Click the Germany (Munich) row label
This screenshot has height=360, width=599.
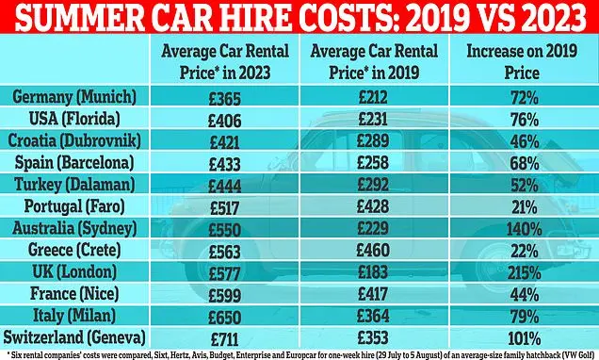click(x=74, y=97)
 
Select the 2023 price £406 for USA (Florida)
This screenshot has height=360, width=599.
click(x=225, y=121)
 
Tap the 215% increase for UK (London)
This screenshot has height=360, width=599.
click(x=524, y=273)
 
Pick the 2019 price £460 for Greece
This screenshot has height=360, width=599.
click(x=373, y=251)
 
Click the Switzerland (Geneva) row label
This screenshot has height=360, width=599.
click(x=74, y=337)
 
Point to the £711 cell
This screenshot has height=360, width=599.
click(x=224, y=339)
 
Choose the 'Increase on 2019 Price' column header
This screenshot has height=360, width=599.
click(x=522, y=61)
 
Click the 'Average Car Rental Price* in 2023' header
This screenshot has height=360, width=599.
click(x=225, y=61)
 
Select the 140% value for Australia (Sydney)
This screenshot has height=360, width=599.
click(x=524, y=229)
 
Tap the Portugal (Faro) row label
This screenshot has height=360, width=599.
click(x=74, y=206)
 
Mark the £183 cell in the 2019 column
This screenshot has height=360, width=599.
click(x=373, y=272)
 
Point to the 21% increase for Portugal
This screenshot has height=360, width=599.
click(x=524, y=207)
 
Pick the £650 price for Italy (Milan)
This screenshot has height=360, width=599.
click(x=225, y=318)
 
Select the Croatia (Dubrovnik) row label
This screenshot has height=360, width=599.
click(x=74, y=140)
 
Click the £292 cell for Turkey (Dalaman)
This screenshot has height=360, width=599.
click(x=373, y=185)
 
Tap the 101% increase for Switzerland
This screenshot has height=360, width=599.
click(x=524, y=338)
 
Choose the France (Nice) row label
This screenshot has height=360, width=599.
click(x=74, y=294)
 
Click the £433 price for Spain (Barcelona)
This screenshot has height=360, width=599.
click(x=225, y=164)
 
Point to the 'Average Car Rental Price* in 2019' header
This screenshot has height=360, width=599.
click(x=374, y=61)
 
